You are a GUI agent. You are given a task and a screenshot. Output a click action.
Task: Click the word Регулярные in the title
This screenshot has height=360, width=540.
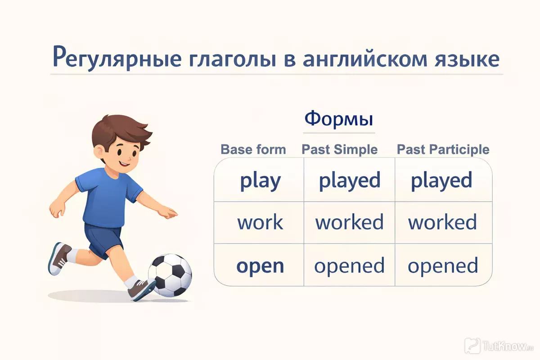(117, 58)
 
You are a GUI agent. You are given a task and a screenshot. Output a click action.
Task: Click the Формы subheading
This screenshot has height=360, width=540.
(339, 119)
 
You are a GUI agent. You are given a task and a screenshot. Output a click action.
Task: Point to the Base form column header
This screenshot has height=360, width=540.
(253, 149)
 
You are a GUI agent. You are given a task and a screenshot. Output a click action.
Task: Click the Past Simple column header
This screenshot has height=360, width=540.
(339, 149)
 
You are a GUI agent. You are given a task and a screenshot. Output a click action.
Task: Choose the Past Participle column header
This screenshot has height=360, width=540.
(443, 149)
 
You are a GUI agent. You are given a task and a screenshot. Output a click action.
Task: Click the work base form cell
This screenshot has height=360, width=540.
(260, 222)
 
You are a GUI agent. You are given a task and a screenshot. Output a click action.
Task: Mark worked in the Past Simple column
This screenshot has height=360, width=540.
(349, 222)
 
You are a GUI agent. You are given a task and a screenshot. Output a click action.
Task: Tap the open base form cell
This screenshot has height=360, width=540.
(260, 266)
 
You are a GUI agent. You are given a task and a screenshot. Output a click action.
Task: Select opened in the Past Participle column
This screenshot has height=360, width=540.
(443, 265)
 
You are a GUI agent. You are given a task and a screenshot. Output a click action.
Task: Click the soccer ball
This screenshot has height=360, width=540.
(170, 275)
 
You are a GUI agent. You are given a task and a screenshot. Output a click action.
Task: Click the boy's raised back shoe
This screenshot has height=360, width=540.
(59, 258)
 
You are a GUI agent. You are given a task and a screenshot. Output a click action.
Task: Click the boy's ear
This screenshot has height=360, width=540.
(99, 152)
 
